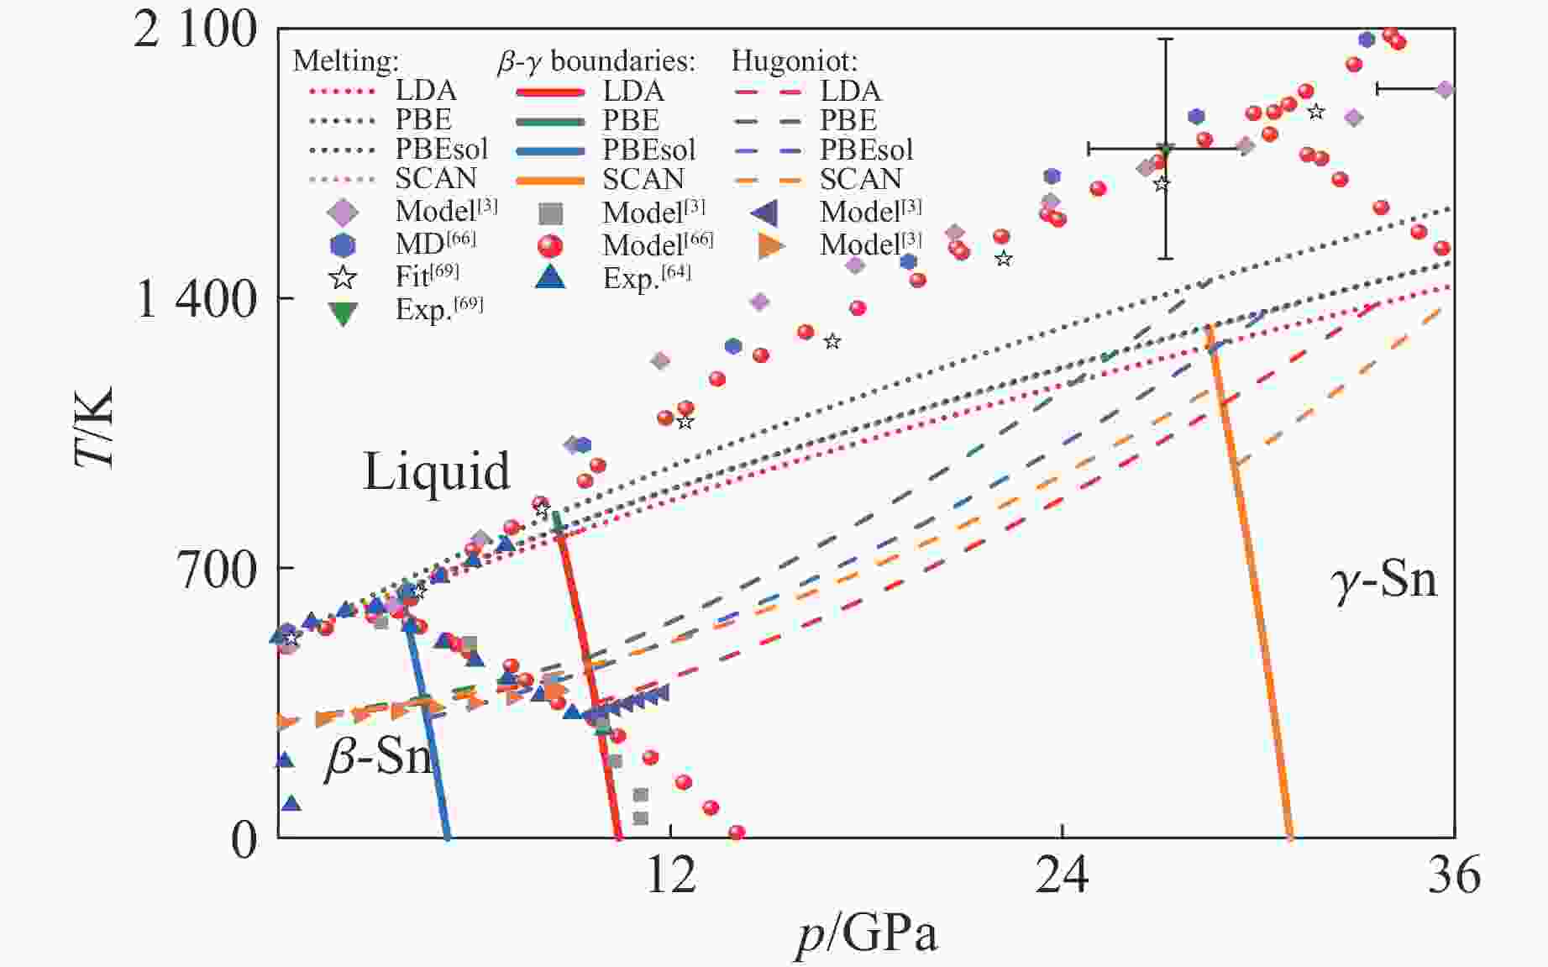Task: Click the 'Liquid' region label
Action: [436, 471]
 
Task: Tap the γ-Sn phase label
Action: [1384, 580]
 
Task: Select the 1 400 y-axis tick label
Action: [195, 299]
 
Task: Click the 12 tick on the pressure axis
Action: [670, 875]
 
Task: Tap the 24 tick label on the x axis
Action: [1063, 875]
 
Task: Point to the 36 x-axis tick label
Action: [1454, 875]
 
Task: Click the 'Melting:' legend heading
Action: [346, 60]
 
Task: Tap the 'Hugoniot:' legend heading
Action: [794, 60]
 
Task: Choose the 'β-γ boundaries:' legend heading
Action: [596, 60]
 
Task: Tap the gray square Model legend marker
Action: [550, 213]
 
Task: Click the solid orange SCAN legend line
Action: [550, 180]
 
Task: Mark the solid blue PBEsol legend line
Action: [550, 150]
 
